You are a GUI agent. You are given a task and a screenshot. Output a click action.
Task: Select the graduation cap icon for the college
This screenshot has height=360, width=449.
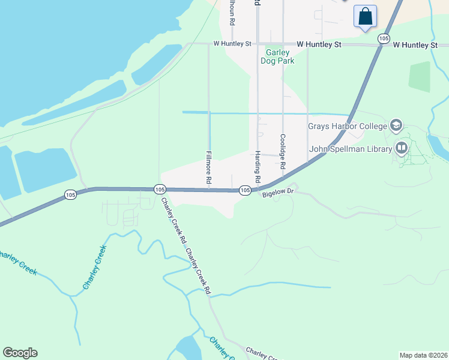pyautogui.click(x=396, y=125)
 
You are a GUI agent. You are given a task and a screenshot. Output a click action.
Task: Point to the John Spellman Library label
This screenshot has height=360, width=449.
pyautogui.click(x=351, y=149)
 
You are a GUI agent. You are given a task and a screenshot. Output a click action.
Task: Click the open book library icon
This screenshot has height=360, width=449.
pyautogui.click(x=401, y=148)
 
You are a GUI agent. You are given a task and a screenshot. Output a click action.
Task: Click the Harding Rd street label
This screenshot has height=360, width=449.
pyautogui.click(x=258, y=166)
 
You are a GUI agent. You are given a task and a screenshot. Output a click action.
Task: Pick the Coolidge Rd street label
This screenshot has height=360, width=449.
pyautogui.click(x=283, y=151)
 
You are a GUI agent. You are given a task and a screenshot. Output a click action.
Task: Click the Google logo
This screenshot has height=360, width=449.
pyautogui.click(x=20, y=353)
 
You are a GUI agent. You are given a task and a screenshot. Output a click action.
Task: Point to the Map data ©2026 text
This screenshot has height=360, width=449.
pyautogui.click(x=423, y=355)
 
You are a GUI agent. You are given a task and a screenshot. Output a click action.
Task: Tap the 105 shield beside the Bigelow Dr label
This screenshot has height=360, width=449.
pyautogui.click(x=245, y=190)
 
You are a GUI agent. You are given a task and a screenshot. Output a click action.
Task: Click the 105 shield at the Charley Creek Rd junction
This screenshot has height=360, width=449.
pyautogui.click(x=159, y=189)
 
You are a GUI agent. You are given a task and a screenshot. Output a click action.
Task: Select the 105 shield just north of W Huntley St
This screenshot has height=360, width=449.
pyautogui.click(x=384, y=38)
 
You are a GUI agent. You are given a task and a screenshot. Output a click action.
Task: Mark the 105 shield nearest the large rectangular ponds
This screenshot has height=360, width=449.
pyautogui.click(x=71, y=194)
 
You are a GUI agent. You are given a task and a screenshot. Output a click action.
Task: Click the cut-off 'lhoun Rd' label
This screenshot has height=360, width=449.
pyautogui.click(x=232, y=12)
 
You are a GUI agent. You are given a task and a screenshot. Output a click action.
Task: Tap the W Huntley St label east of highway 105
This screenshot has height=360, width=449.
pyautogui.click(x=415, y=44)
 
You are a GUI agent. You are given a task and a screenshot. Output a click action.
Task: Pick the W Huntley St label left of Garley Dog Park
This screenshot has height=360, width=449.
pyautogui.click(x=232, y=44)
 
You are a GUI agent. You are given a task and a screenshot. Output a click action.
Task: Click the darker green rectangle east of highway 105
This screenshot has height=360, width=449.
pyautogui.click(x=420, y=76)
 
